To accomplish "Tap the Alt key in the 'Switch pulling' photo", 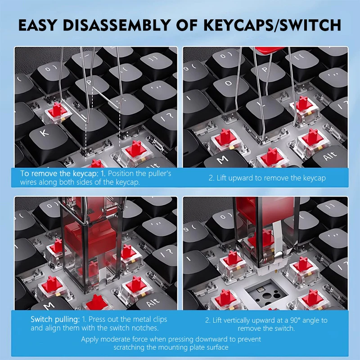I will pos(153,301).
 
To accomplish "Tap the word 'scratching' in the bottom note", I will pos(134,347).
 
